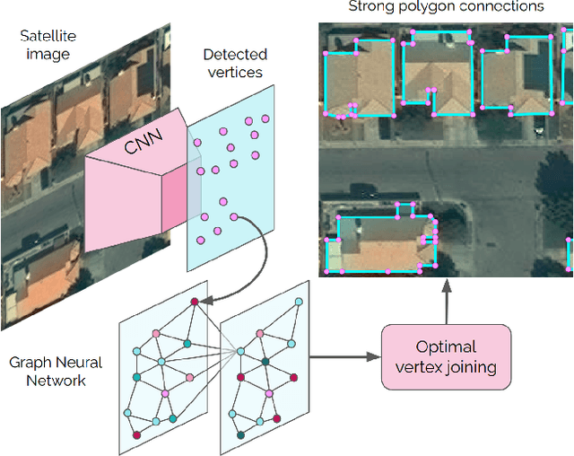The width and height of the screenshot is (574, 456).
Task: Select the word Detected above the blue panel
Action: [x=234, y=55]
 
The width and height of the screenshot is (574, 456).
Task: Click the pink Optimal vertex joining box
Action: [x=446, y=357]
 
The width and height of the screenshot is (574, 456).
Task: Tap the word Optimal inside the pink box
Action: [x=446, y=347]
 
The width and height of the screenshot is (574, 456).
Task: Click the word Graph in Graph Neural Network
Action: [x=30, y=363]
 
